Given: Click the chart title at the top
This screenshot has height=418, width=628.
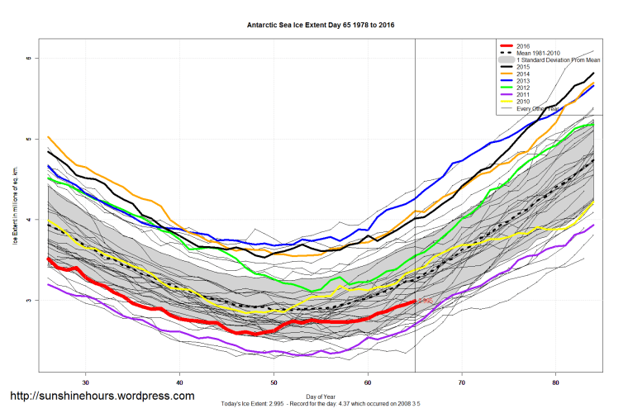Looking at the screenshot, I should [321, 25].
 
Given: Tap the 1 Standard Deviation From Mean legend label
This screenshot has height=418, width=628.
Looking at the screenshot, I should [557, 61].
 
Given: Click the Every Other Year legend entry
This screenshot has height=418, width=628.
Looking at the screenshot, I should [540, 108].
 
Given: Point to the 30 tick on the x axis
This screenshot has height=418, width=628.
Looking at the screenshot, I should [86, 382].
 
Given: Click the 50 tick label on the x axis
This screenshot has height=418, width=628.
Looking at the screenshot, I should [274, 382].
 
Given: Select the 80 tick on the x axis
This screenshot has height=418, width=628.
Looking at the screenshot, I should [556, 382].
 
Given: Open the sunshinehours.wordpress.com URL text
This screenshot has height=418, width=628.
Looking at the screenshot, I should [102, 396].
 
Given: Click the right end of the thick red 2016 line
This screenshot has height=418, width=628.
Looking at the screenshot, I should [415, 302].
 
